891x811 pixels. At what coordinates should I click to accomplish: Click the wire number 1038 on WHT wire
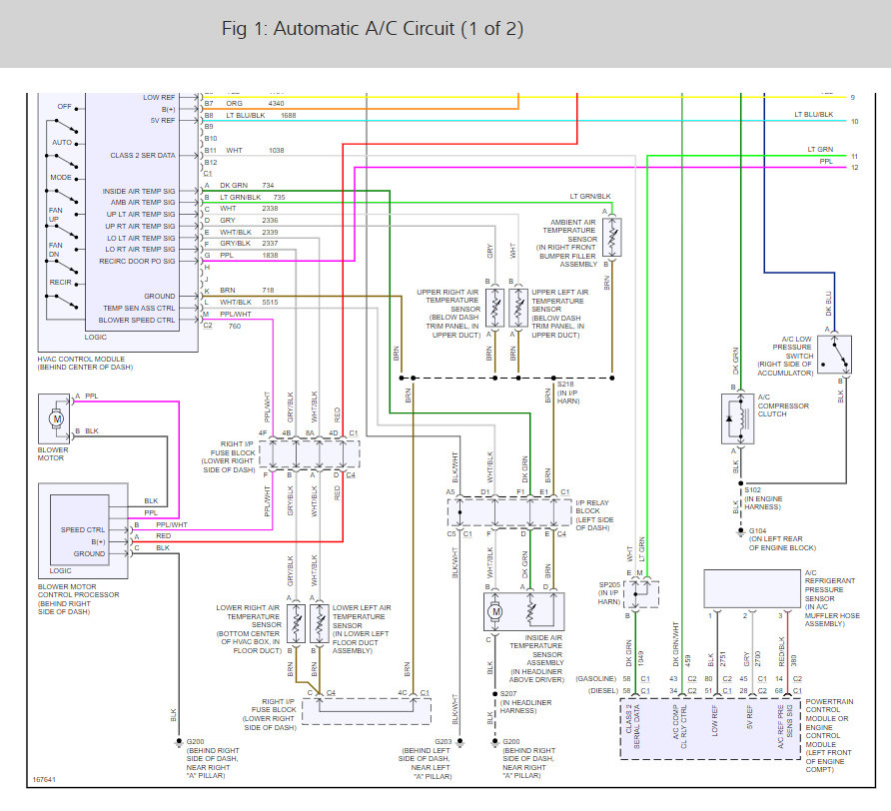click(275, 151)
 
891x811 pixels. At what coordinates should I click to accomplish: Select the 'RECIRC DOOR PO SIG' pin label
click(137, 261)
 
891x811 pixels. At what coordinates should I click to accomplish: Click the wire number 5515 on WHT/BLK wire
click(270, 302)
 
